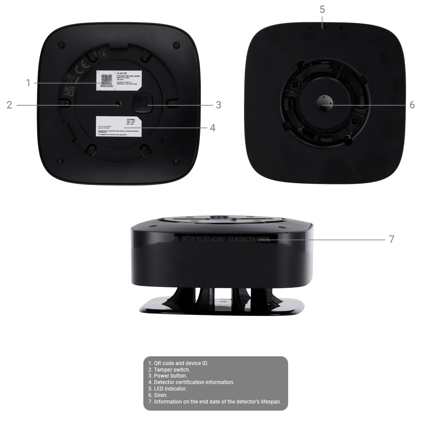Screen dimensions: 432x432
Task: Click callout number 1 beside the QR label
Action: (x=28, y=83)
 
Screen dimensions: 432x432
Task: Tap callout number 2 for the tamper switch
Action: (x=10, y=105)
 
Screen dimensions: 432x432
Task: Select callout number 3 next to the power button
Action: (x=219, y=105)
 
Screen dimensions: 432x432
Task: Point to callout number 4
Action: (x=212, y=128)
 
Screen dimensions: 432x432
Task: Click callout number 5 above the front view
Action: (x=322, y=10)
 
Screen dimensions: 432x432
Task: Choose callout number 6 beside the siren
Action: (x=412, y=105)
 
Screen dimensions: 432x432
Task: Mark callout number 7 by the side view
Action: (x=391, y=239)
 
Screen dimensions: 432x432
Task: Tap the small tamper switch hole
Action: (x=119, y=105)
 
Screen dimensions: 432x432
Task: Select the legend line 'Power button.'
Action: (x=171, y=376)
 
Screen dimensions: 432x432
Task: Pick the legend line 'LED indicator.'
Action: (x=170, y=389)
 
